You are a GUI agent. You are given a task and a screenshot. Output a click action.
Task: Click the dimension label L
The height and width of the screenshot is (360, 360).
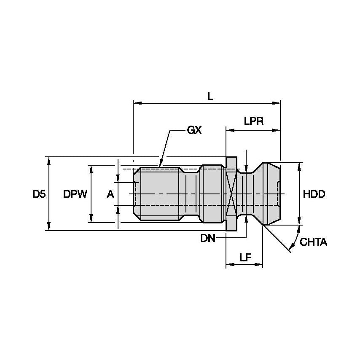(x=210, y=96)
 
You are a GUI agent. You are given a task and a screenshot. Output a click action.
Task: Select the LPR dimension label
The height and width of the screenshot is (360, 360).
(x=253, y=121)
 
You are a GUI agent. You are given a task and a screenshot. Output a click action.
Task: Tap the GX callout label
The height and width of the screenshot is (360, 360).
(x=194, y=130)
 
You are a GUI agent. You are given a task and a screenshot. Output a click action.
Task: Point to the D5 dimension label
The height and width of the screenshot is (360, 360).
(x=39, y=194)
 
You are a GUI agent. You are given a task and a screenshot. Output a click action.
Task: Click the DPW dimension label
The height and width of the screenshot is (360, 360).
(x=75, y=194)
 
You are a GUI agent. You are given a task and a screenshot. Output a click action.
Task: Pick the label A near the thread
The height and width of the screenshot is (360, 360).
(x=110, y=194)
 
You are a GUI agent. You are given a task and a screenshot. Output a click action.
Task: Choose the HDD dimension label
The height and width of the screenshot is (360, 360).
(x=314, y=194)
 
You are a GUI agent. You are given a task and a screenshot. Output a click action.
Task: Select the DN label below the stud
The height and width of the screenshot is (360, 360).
(x=208, y=239)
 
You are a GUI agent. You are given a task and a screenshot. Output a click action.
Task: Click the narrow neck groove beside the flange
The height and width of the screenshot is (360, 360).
(x=246, y=194)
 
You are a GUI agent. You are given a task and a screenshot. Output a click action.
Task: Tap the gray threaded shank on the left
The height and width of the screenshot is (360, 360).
(x=158, y=194)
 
